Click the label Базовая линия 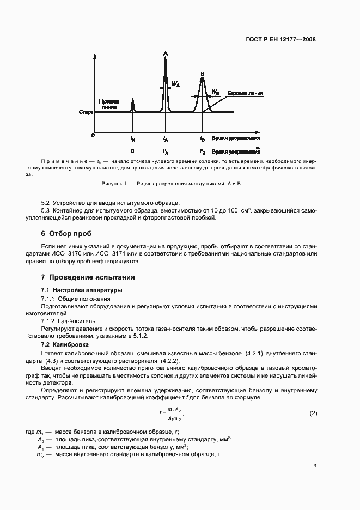tap(245, 94)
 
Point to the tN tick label tap(133, 139)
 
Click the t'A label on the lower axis tap(166, 152)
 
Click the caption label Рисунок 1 tap(117, 184)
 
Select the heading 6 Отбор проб tap(68, 233)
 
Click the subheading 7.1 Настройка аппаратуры tap(82, 290)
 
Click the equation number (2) tap(313, 414)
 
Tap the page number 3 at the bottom tap(315, 465)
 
